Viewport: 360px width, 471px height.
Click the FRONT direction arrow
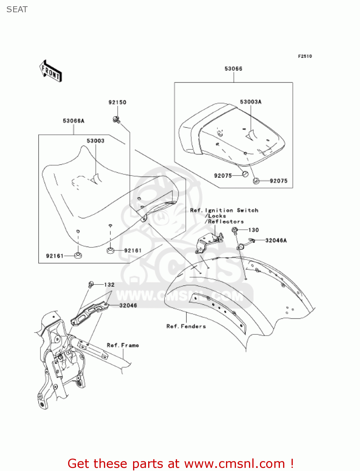point(51,71)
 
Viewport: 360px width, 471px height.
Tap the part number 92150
point(117,102)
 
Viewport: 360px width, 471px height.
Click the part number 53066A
point(74,121)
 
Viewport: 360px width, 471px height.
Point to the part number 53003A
point(251,102)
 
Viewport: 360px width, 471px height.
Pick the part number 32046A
point(276,241)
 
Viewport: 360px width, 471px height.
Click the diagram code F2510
point(305,56)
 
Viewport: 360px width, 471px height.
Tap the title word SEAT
point(17,10)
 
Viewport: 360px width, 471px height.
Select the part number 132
point(109,285)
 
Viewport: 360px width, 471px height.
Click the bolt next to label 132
point(91,284)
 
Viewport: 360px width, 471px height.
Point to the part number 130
point(253,230)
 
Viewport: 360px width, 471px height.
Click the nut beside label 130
point(234,230)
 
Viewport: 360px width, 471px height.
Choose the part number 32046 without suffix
point(128,306)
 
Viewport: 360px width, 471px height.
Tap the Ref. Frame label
point(123,345)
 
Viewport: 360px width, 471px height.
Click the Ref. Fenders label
point(186,327)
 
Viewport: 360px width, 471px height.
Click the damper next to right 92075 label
point(256,181)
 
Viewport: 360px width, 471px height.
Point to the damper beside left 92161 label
point(78,255)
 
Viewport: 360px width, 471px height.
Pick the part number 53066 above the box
point(234,69)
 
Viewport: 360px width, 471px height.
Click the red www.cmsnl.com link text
point(234,464)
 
